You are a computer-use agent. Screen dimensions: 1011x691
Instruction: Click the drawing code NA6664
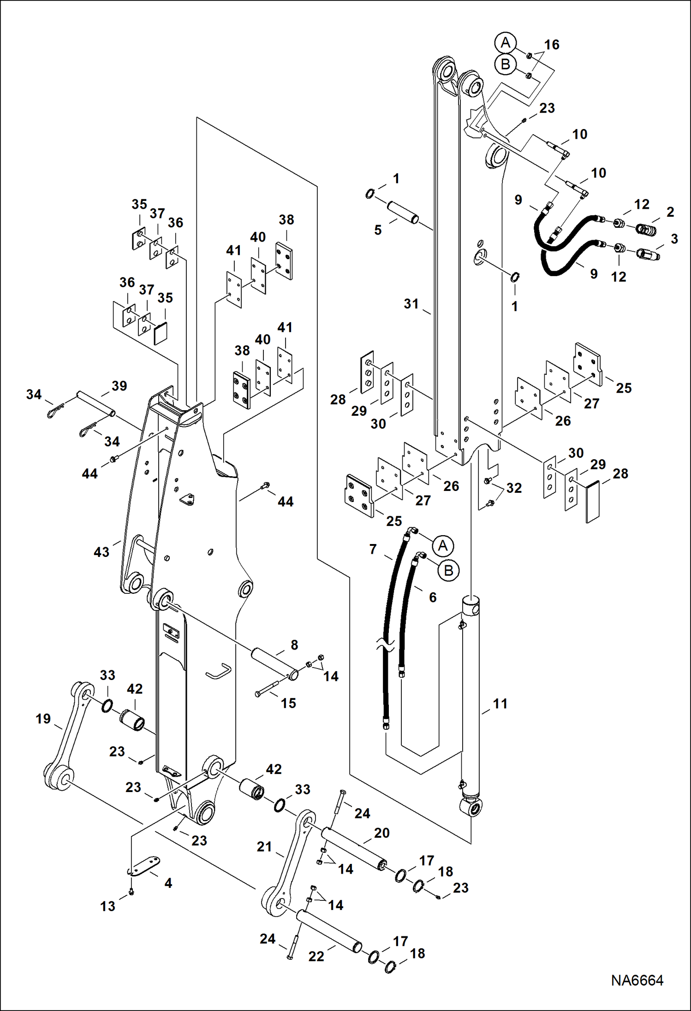pyautogui.click(x=637, y=980)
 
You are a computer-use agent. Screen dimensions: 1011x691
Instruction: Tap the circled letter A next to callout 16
pyautogui.click(x=505, y=43)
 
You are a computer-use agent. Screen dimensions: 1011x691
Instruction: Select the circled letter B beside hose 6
pyautogui.click(x=448, y=571)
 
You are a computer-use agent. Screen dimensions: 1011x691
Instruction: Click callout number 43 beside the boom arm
pyautogui.click(x=101, y=552)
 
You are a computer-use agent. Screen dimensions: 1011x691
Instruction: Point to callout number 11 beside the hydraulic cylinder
pyautogui.click(x=500, y=704)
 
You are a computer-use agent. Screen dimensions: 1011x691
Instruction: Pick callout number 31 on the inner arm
pyautogui.click(x=411, y=304)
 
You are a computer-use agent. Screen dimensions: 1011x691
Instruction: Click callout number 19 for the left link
pyautogui.click(x=43, y=719)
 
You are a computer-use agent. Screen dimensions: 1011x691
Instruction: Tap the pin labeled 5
pyautogui.click(x=402, y=211)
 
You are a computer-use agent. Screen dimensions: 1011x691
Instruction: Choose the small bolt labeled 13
pyautogui.click(x=131, y=891)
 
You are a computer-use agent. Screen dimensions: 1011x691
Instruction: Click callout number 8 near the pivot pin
pyautogui.click(x=294, y=644)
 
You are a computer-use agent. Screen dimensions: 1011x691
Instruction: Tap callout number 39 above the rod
pyautogui.click(x=119, y=386)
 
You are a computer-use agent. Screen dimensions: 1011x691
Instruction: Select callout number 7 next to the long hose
pyautogui.click(x=373, y=549)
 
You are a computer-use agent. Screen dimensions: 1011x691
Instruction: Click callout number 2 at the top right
pyautogui.click(x=670, y=212)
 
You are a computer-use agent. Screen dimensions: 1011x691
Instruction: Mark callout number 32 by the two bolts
pyautogui.click(x=514, y=488)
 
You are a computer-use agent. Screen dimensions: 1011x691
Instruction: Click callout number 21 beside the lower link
pyautogui.click(x=264, y=846)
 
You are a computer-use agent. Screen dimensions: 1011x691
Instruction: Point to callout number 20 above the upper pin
pyautogui.click(x=381, y=833)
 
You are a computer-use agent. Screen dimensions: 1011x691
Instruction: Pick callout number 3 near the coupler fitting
pyautogui.click(x=674, y=239)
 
